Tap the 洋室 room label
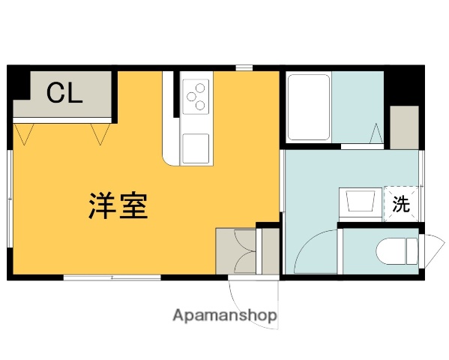pos(118,205)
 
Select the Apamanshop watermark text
pos(224,316)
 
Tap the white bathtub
pos(309,107)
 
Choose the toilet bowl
pos(394,251)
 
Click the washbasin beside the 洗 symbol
pos(361,202)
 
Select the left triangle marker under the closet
pos(27,134)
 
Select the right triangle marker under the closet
pos(100,134)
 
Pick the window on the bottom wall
pos(112,277)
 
